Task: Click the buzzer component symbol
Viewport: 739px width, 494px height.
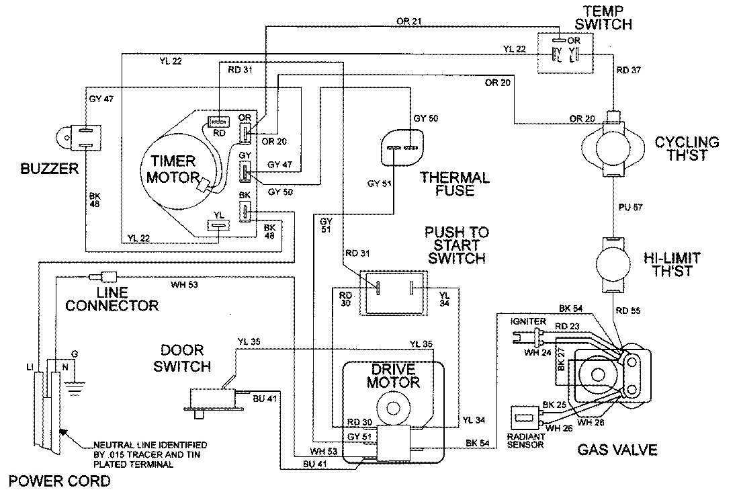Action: (x=79, y=137)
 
